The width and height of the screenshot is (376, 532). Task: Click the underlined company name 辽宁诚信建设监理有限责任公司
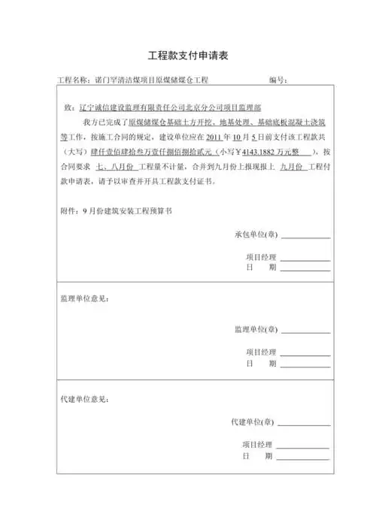click(x=131, y=108)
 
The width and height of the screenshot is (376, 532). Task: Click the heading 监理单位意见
click(x=83, y=299)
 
